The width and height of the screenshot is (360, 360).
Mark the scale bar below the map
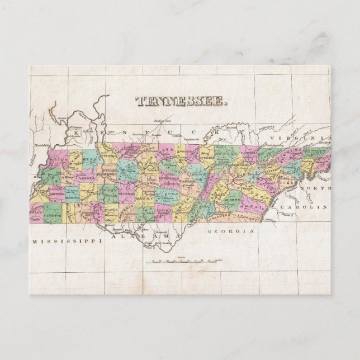tap(182, 261)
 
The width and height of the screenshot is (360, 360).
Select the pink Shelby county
tap(37, 213)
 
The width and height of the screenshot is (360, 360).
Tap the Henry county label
tap(90, 158)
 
